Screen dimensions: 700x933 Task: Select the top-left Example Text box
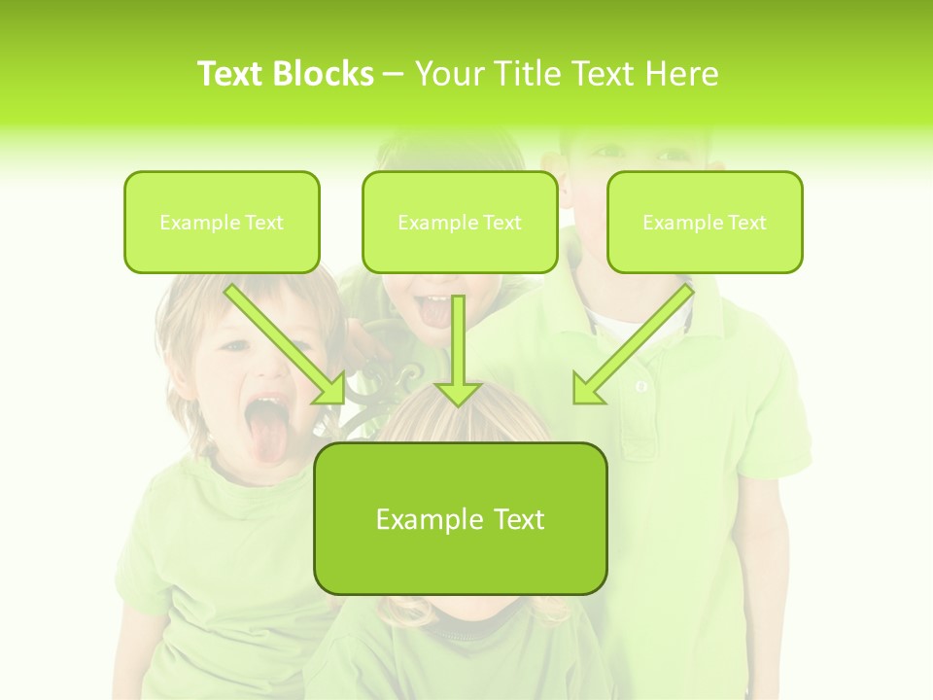click(x=222, y=223)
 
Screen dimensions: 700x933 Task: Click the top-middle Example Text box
click(x=460, y=223)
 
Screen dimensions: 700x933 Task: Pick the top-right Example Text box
click(x=705, y=223)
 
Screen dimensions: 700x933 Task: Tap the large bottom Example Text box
click(x=460, y=519)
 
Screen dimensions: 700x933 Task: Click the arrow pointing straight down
click(x=458, y=350)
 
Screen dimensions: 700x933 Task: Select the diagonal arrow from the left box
click(x=288, y=345)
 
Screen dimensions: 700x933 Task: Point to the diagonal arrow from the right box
click(x=632, y=345)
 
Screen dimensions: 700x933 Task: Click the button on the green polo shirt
click(x=641, y=387)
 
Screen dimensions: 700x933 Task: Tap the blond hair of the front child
click(x=457, y=418)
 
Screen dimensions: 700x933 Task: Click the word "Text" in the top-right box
click(x=746, y=223)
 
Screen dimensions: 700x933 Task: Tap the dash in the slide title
click(x=394, y=74)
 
